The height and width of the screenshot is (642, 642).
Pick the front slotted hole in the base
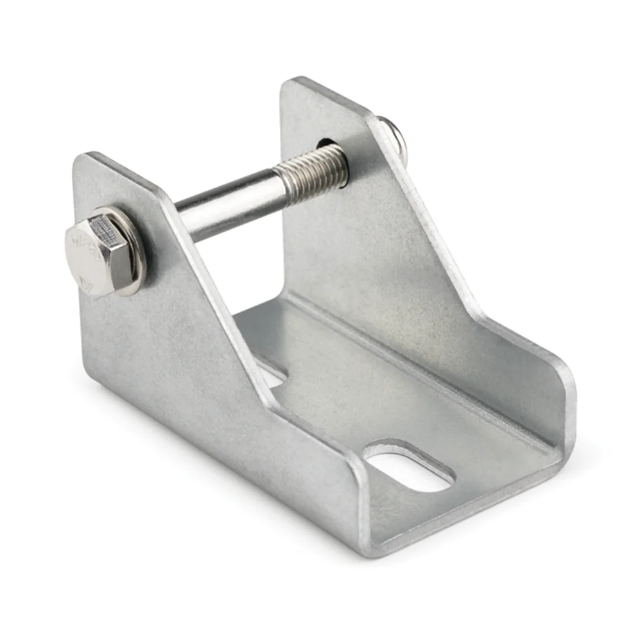409,467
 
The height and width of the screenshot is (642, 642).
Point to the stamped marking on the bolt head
90,244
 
